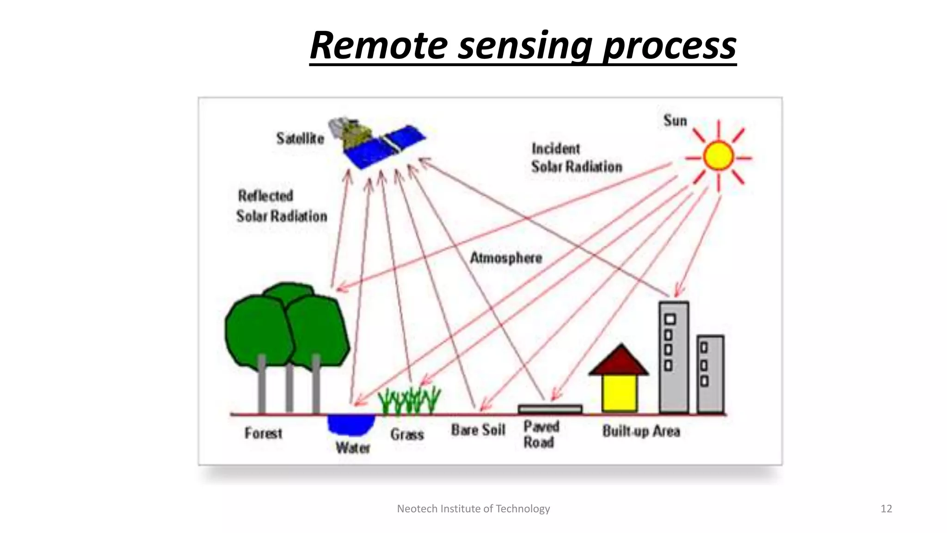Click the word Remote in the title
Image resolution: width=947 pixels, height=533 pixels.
[x=378, y=45]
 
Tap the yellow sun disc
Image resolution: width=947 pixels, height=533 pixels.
[x=718, y=156]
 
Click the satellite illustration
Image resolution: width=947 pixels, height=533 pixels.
[x=377, y=141]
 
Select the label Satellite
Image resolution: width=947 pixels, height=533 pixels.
[x=300, y=138]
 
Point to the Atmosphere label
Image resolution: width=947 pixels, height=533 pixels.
[x=506, y=258]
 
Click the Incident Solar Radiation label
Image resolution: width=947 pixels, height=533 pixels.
[x=576, y=158]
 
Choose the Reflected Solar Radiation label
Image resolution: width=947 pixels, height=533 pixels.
[x=281, y=206]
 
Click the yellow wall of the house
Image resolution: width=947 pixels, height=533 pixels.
[x=620, y=393]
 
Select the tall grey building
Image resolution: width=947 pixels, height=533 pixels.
[x=674, y=356]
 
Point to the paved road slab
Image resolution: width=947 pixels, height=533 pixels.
[x=550, y=409]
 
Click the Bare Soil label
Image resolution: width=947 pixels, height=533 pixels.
[x=478, y=430]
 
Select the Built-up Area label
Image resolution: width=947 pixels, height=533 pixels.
[x=641, y=431]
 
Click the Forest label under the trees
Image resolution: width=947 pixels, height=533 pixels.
[x=263, y=434]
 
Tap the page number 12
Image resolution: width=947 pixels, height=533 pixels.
[x=886, y=509]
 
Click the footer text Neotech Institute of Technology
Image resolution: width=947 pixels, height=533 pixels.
[x=473, y=509]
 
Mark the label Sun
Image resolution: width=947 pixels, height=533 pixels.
[x=675, y=121]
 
